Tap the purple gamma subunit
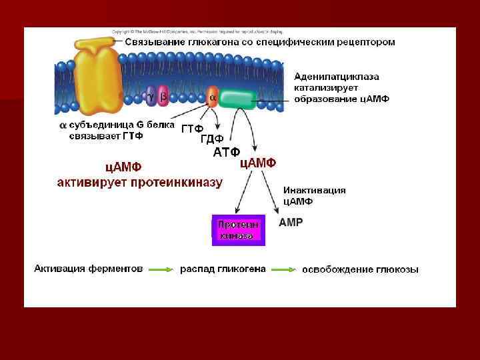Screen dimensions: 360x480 pyautogui.click(x=151, y=97)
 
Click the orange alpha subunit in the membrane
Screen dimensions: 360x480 pyautogui.click(x=211, y=97)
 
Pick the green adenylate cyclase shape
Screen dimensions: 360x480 pyautogui.click(x=237, y=99)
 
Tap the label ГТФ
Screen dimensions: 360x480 pyautogui.click(x=192, y=129)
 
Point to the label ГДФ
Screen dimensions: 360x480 pyautogui.click(x=211, y=139)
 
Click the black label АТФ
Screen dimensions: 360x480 pyautogui.click(x=226, y=153)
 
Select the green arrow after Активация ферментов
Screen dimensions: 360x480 pyautogui.click(x=161, y=269)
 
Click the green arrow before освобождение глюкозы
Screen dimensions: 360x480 pyautogui.click(x=283, y=269)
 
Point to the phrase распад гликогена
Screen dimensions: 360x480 pyautogui.click(x=223, y=269)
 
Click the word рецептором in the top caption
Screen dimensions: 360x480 pyautogui.click(x=364, y=41)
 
